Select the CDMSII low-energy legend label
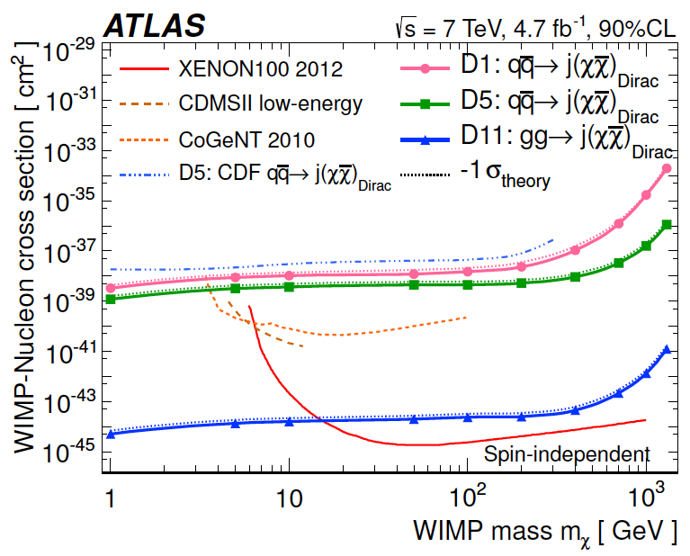pyautogui.click(x=270, y=103)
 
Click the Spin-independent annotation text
pyautogui.click(x=568, y=454)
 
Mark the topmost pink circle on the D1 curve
pyautogui.click(x=667, y=168)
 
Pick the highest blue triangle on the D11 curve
pyautogui.click(x=666, y=350)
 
